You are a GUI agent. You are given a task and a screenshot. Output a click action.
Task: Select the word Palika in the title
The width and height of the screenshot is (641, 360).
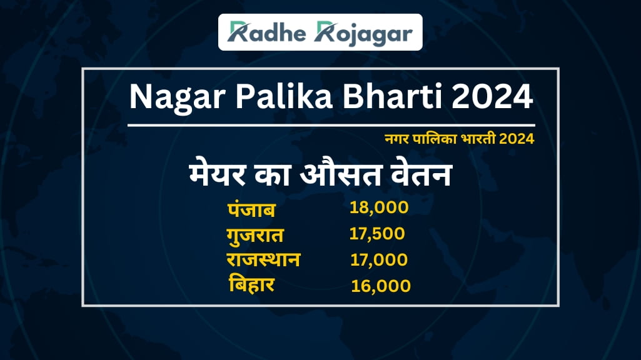pos(284,96)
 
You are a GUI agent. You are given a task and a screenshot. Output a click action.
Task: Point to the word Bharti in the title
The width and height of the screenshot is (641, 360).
pos(392,96)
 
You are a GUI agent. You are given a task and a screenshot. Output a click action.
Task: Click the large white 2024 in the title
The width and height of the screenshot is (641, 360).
pos(492,96)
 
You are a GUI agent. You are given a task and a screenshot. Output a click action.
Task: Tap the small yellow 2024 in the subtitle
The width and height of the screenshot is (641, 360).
pos(517,139)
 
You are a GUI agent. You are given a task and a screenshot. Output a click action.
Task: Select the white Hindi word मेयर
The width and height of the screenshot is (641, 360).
pos(218,174)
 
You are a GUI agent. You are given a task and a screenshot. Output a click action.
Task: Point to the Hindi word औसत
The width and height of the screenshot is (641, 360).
pos(341,174)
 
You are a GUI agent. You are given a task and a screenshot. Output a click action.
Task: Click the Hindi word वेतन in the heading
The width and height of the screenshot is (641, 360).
pos(421,174)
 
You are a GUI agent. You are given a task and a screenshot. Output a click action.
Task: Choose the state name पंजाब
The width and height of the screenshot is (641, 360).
pos(251,209)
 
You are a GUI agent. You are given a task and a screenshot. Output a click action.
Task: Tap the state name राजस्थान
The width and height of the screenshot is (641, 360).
pos(263,260)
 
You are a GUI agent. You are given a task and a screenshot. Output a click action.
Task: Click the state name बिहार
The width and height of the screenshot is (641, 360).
pos(251,284)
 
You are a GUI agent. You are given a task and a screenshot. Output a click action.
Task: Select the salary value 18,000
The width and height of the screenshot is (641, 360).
pos(379,207)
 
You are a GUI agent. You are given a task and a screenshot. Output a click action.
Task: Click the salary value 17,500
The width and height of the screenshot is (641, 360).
pos(377,234)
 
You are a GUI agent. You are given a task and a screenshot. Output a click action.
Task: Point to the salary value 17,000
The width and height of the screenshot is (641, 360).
pos(379,260)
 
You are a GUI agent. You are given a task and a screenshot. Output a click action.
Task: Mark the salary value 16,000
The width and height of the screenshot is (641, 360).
pos(381,286)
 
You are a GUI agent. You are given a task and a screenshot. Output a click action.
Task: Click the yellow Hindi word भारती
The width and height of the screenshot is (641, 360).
pos(478,139)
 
